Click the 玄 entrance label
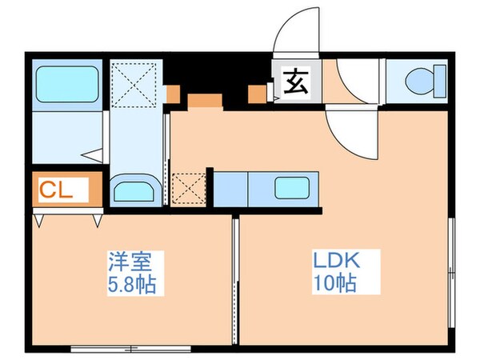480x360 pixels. tap(296, 82)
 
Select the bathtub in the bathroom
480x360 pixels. tap(66, 82)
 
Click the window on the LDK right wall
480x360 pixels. tap(453, 272)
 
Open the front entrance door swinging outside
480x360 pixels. tap(294, 37)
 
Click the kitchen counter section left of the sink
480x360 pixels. tap(230, 190)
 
